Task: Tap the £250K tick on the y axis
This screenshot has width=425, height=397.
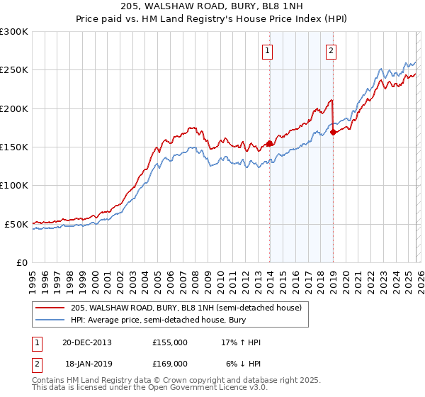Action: [14, 70]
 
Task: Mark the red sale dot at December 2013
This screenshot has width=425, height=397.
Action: [269, 143]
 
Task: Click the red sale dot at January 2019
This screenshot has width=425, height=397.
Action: [333, 133]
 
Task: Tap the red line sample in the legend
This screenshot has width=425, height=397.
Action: [50, 308]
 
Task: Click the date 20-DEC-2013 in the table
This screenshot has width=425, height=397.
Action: [86, 342]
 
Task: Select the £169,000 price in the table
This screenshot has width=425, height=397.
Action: [170, 363]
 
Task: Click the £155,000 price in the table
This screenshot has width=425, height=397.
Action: [170, 342]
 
